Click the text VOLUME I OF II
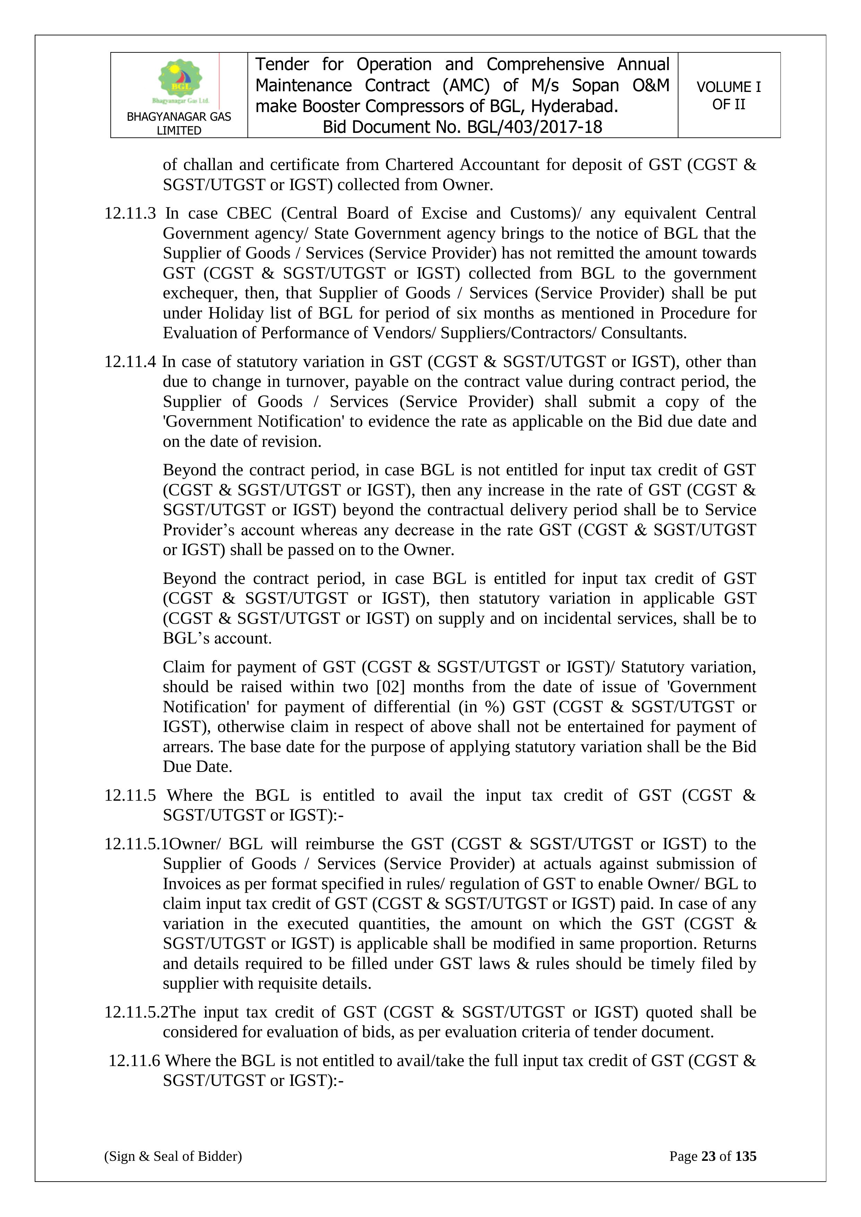coord(728,95)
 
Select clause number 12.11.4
coord(130,362)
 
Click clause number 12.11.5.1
coord(136,844)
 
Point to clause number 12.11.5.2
coord(136,1012)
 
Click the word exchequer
coord(200,293)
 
